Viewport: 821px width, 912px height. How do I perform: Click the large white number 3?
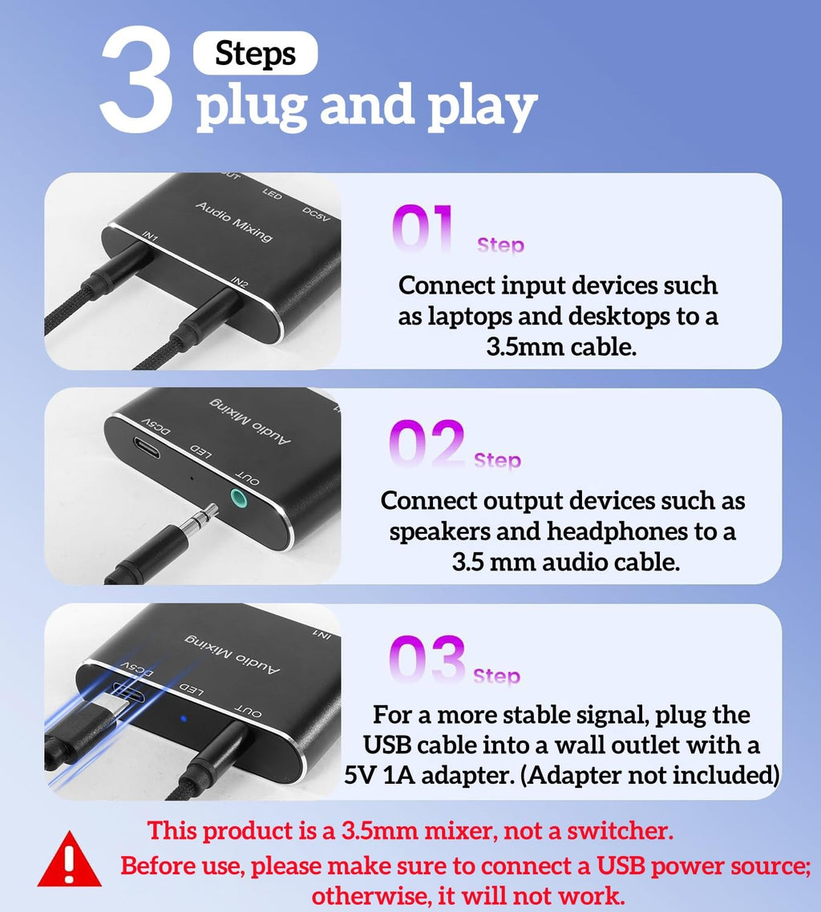pos(137,78)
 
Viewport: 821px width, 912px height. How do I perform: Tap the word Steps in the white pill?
pos(256,54)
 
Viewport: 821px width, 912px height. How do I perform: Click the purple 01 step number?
pos(423,228)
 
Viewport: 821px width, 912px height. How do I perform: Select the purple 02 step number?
pos(427,443)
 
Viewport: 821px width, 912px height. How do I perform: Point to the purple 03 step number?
pos(427,659)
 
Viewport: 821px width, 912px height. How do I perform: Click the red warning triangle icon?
pos(69,859)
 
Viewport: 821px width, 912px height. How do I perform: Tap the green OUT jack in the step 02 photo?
pos(238,498)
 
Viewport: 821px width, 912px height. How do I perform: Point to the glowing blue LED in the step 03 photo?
pos(184,718)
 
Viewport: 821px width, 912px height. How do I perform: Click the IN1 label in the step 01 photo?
pos(150,236)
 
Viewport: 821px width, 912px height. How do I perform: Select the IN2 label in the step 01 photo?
pos(240,283)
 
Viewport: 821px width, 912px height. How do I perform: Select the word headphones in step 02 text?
pos(617,531)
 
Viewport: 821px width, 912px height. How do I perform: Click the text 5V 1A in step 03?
pos(379,775)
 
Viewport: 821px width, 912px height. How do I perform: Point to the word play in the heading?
pos(482,107)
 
